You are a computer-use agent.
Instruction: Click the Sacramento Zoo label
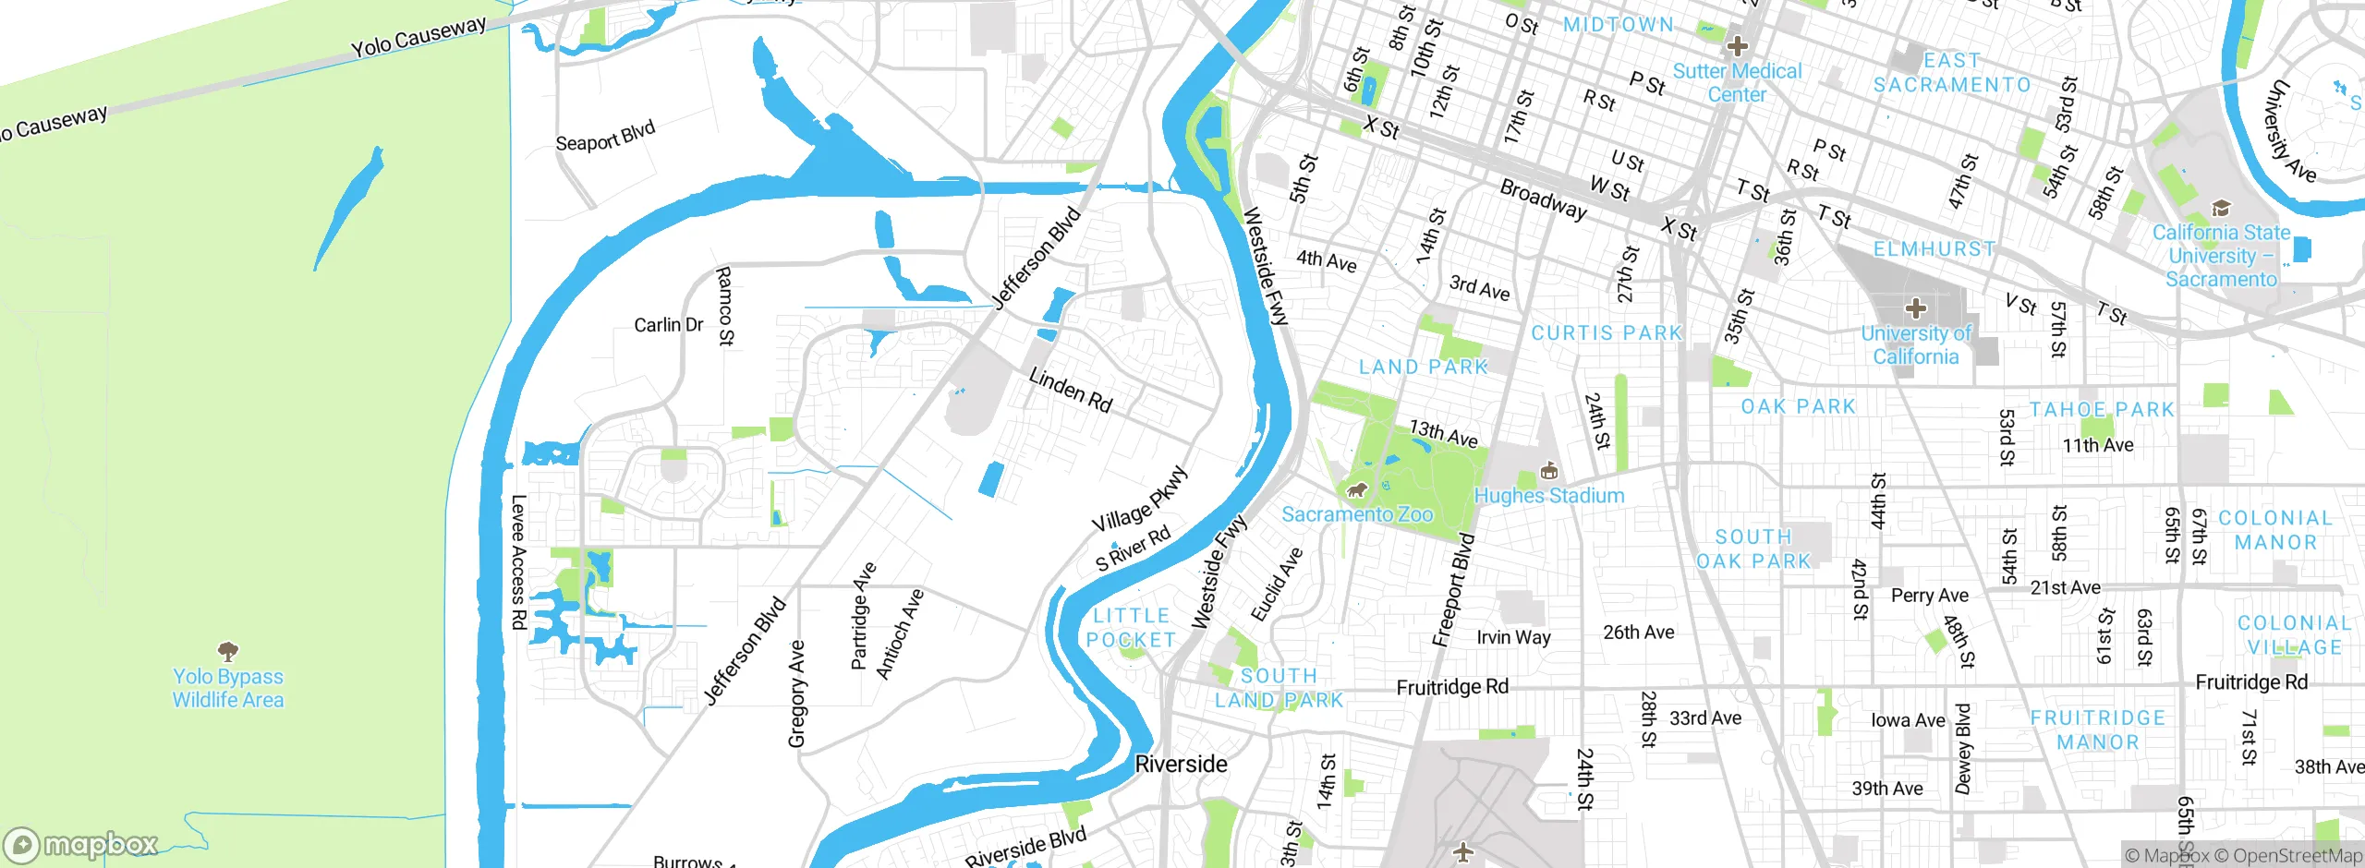[1356, 514]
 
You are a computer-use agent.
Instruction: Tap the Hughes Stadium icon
[1549, 473]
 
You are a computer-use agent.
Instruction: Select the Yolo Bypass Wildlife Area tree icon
[228, 651]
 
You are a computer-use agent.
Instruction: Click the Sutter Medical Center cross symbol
[1737, 45]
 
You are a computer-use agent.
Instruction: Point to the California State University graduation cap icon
[2221, 208]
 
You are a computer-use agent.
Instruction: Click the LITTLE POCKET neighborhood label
[1131, 628]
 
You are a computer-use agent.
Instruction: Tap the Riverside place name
[1181, 765]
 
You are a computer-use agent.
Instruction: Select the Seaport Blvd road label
[605, 137]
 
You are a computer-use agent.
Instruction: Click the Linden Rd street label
[1070, 390]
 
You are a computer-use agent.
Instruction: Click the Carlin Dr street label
[668, 325]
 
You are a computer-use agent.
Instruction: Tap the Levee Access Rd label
[518, 562]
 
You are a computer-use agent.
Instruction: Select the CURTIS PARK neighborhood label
[1607, 333]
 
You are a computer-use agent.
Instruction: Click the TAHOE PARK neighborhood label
[2102, 410]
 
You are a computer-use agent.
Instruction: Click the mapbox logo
[81, 844]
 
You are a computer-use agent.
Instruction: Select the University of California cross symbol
[1915, 308]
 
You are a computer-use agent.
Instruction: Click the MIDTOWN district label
[1618, 25]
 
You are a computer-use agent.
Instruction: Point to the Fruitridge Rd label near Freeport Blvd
[1452, 687]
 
